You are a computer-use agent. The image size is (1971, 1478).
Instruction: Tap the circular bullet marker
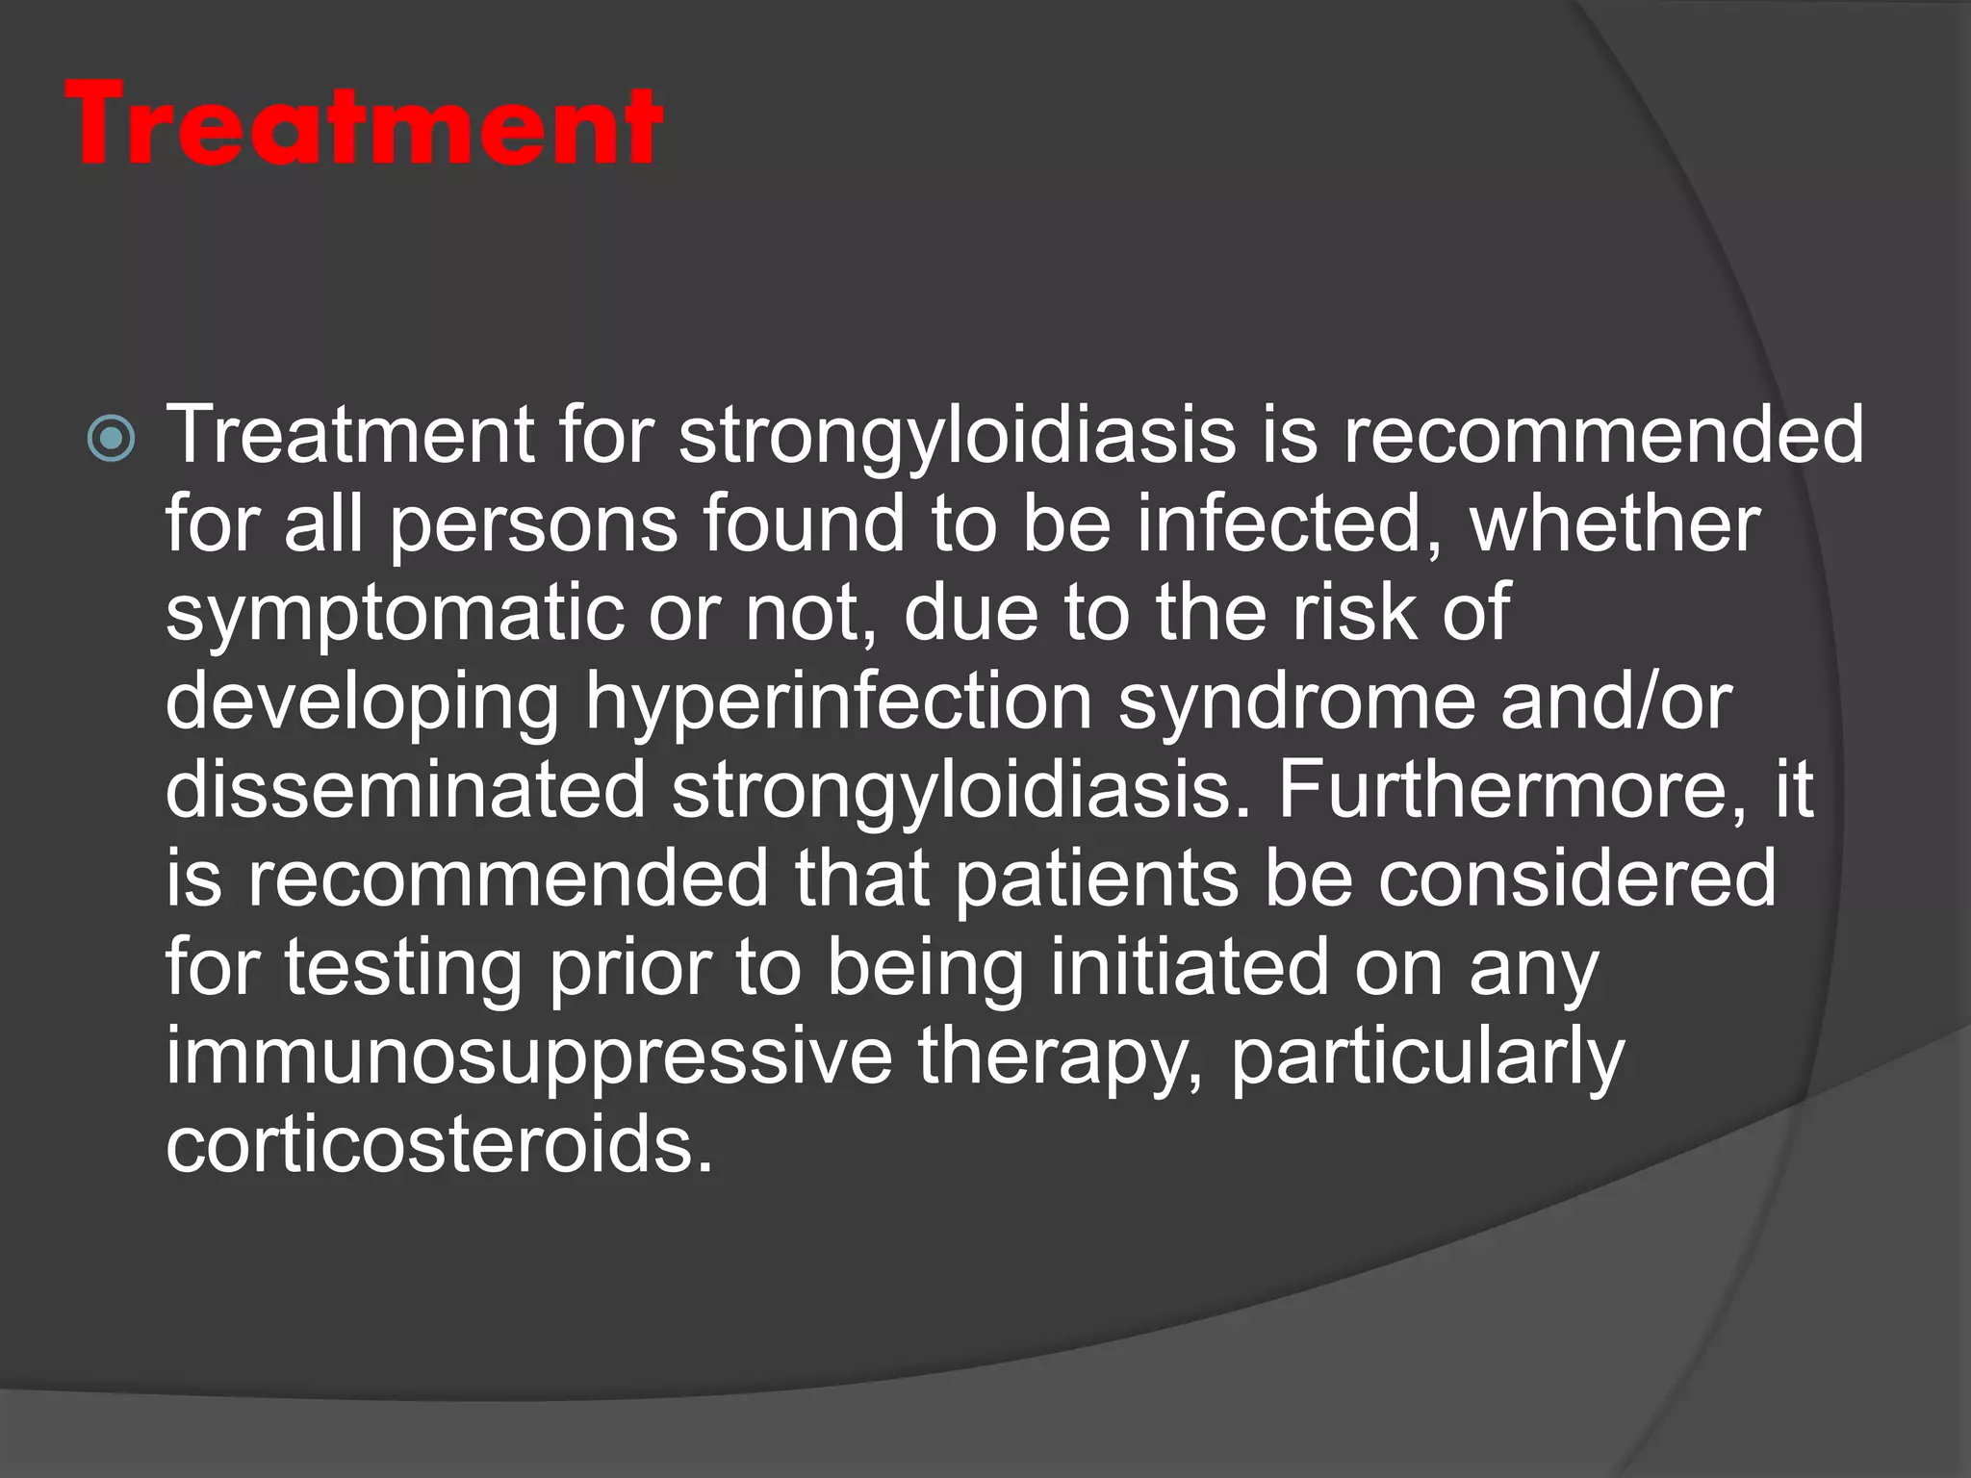tap(112, 439)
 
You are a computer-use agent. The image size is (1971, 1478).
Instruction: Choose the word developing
tap(362, 702)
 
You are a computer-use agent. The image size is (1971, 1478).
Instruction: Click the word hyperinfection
tap(837, 702)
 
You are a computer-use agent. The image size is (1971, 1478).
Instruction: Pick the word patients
tap(1097, 878)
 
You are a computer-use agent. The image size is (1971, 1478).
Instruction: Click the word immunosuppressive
tap(529, 1057)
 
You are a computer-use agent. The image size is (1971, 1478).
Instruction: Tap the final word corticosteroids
tap(439, 1145)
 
